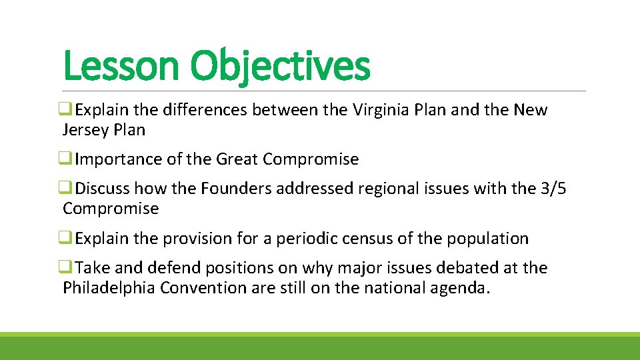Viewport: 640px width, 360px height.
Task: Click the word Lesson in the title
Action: tap(121, 67)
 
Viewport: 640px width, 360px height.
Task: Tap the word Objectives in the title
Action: tap(279, 67)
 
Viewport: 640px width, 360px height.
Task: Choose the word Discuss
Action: tap(104, 189)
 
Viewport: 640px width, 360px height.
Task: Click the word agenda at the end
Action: tap(460, 288)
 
